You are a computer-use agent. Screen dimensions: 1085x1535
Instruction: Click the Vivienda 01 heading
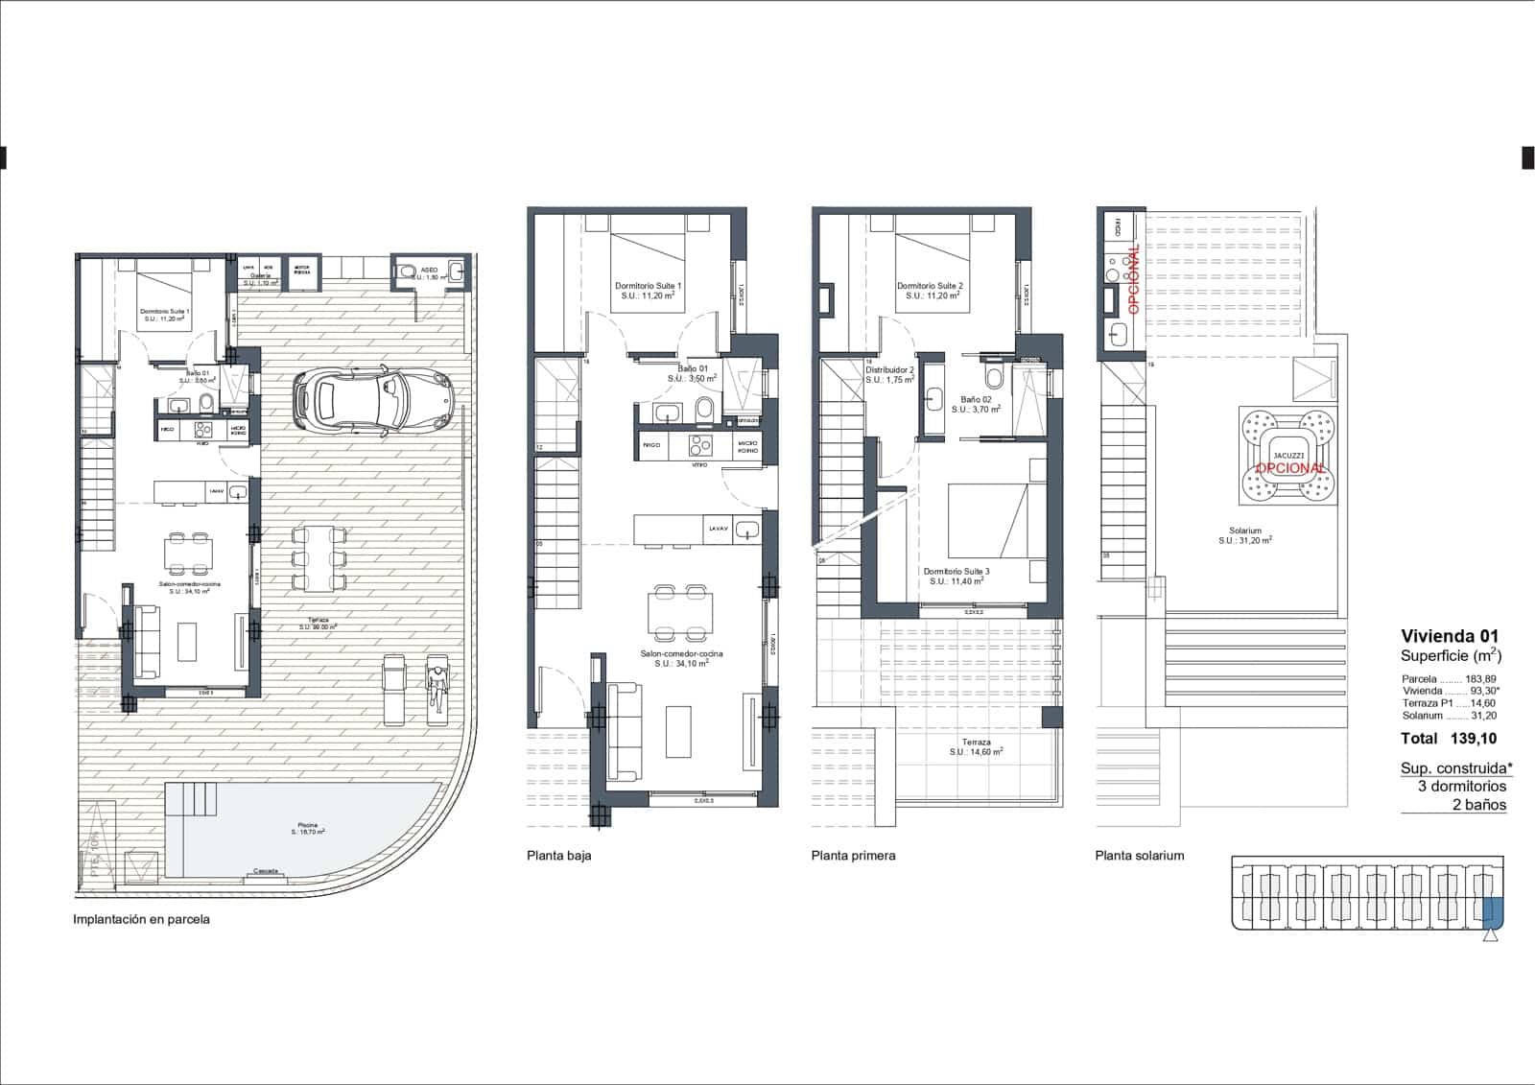1449,636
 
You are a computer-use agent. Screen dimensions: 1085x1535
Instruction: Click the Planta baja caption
558,856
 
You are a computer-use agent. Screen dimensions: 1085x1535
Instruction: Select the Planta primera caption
853,856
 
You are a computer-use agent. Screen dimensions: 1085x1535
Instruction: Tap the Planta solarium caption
1139,856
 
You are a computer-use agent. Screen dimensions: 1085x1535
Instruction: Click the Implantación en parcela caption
141,919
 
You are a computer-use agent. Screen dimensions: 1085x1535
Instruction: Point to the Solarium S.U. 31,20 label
1245,535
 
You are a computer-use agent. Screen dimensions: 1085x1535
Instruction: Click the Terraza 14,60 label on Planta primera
976,747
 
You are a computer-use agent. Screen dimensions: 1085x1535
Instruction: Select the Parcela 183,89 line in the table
1449,678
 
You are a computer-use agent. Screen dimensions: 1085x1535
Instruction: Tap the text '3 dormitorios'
1461,786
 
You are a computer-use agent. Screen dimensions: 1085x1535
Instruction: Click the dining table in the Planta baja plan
681,612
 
